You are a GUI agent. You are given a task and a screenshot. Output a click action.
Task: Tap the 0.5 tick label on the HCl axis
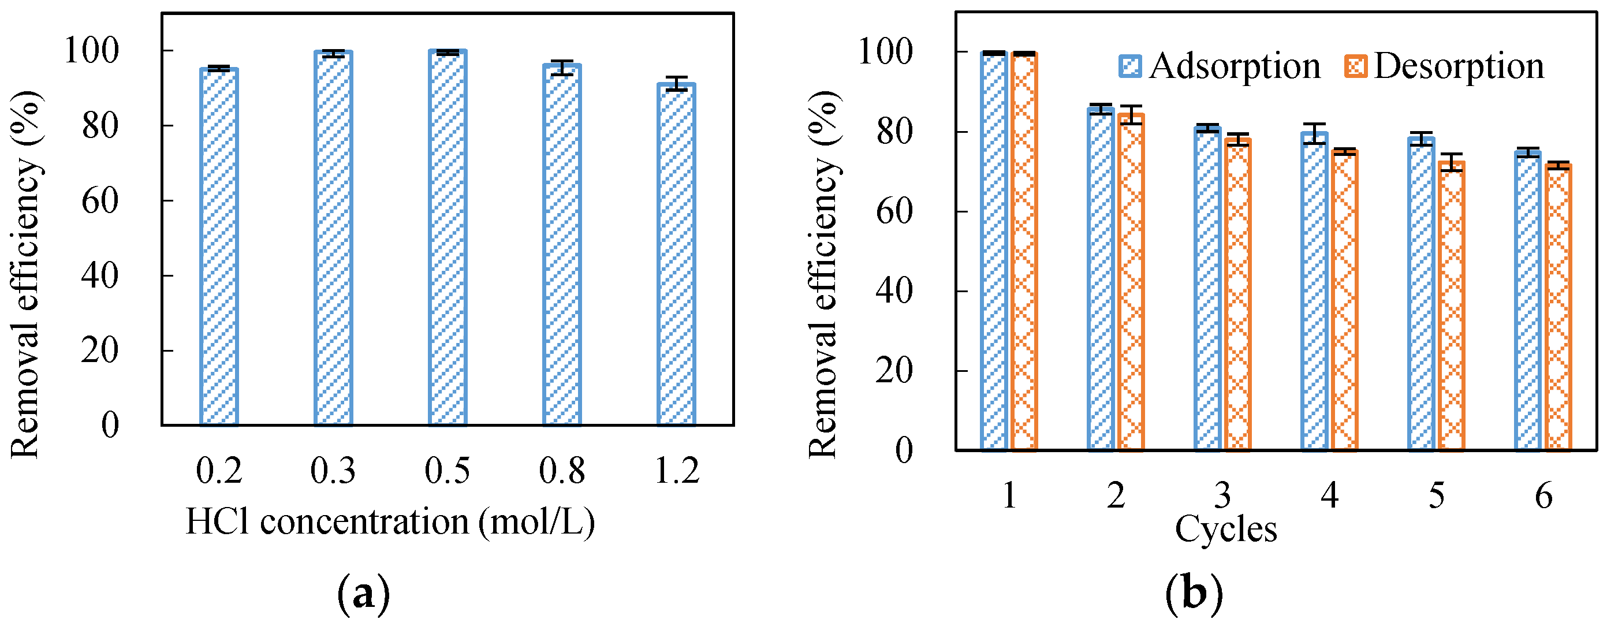448,471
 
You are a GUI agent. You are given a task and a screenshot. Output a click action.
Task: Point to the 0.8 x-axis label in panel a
561,471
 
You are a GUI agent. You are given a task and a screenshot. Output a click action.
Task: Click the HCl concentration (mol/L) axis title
390,521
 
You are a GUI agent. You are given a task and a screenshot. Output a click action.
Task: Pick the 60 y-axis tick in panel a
100,200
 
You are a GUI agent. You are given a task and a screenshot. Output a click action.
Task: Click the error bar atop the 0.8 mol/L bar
562,68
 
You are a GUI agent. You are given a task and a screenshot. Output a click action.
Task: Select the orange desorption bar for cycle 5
1452,305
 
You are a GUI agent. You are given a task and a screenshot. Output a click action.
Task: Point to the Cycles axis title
1225,529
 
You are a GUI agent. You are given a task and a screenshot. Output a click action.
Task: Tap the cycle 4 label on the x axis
1329,496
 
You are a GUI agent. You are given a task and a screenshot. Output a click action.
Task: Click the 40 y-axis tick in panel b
894,290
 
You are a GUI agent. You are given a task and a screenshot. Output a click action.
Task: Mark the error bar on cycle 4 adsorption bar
1314,133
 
